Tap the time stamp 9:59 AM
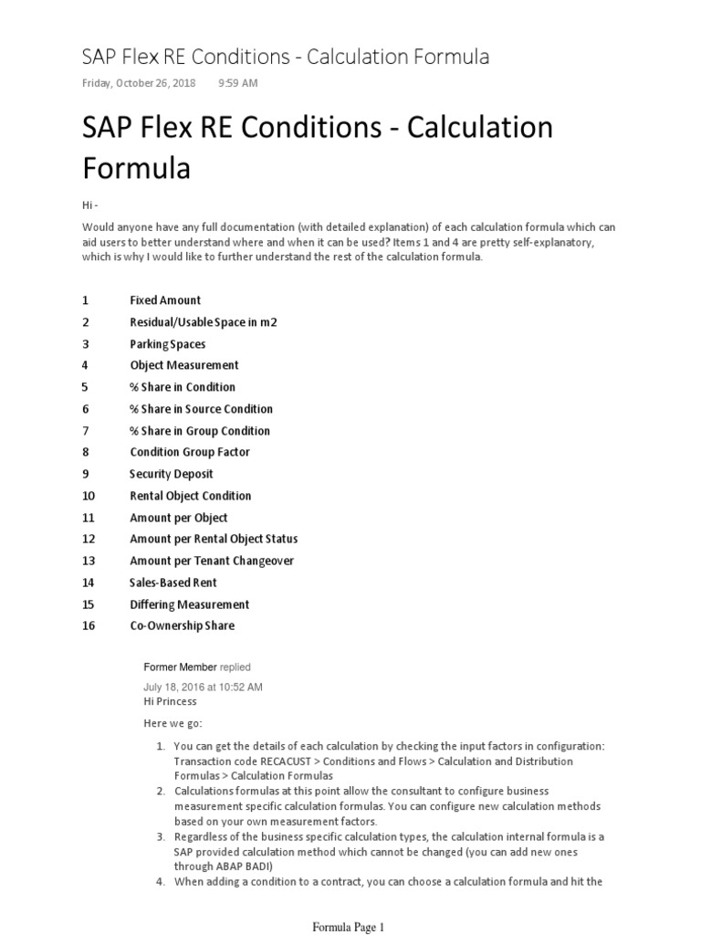(x=237, y=83)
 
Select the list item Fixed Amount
(x=165, y=300)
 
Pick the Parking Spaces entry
(x=168, y=344)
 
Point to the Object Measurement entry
(x=184, y=365)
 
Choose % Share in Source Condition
(x=201, y=409)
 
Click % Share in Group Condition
(x=200, y=431)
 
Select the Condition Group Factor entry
(x=190, y=452)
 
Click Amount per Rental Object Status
(x=214, y=539)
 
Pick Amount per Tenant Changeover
(x=212, y=561)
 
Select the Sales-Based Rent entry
(x=173, y=583)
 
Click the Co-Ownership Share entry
(x=183, y=625)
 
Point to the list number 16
(x=89, y=625)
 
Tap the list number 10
(x=89, y=496)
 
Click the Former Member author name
(x=180, y=667)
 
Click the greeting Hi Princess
(x=170, y=701)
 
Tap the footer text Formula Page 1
(x=350, y=927)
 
